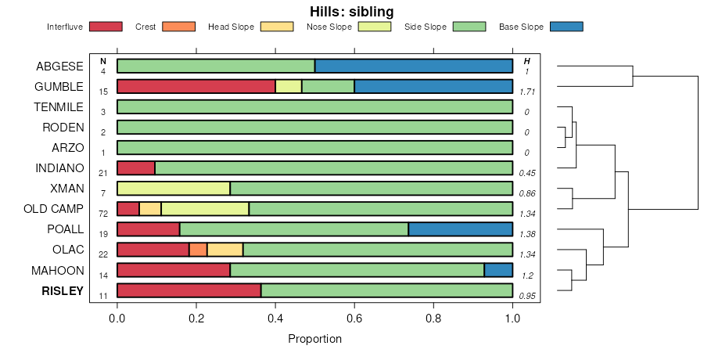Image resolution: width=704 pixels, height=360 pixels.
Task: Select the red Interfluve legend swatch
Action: pyautogui.click(x=106, y=27)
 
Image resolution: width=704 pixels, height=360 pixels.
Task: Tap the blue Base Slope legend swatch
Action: pyautogui.click(x=566, y=27)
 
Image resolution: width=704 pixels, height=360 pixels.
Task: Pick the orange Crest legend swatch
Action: pyautogui.click(x=178, y=27)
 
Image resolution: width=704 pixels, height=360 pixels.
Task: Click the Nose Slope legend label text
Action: pyautogui.click(x=329, y=27)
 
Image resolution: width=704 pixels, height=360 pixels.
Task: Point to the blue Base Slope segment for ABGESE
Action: pyautogui.click(x=414, y=66)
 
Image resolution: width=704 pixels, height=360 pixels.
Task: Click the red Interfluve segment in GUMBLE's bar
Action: pyautogui.click(x=196, y=86)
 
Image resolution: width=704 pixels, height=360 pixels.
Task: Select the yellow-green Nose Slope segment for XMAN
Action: pyautogui.click(x=174, y=188)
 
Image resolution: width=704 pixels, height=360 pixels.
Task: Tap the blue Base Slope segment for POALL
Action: pyautogui.click(x=461, y=229)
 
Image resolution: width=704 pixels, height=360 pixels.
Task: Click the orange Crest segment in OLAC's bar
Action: pyautogui.click(x=198, y=250)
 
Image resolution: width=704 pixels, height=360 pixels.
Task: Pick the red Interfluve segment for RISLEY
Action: pyautogui.click(x=189, y=290)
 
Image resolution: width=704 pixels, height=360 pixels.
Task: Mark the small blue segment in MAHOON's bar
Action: pyautogui.click(x=498, y=270)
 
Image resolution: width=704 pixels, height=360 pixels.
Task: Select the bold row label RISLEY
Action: pyautogui.click(x=62, y=290)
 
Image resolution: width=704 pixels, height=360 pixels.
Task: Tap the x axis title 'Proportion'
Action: pyautogui.click(x=314, y=340)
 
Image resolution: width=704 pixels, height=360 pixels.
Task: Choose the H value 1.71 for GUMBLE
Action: pyautogui.click(x=526, y=92)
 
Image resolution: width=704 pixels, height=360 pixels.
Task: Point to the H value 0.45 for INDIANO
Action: pyautogui.click(x=526, y=173)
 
